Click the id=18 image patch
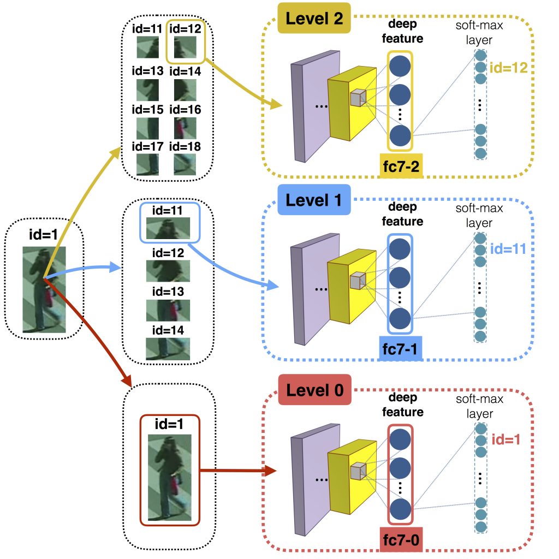pos(184,163)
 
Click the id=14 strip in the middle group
pos(168,348)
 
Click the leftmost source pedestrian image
pos(44,289)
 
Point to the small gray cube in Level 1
pos(357,282)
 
